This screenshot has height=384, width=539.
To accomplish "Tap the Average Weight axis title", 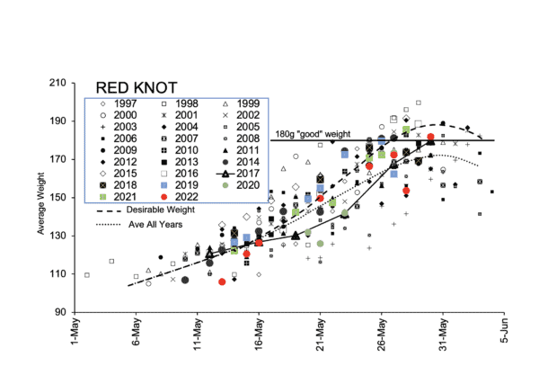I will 41,198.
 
